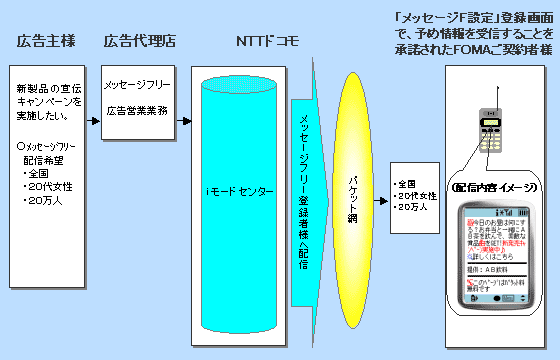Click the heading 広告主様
(46, 41)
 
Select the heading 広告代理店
(138, 41)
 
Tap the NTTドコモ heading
(265, 41)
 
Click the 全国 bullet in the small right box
(409, 184)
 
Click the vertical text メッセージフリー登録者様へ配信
(306, 190)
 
